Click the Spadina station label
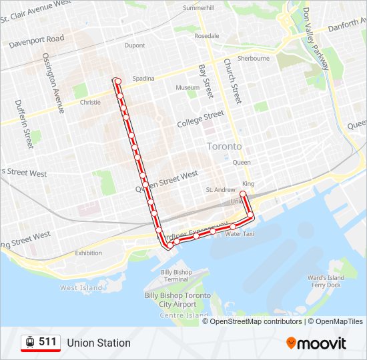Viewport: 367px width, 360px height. point(143,79)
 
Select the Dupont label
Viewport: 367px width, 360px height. point(134,46)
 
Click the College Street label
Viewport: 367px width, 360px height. point(200,120)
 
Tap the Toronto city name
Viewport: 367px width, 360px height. point(224,146)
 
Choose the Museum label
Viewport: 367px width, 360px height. point(188,88)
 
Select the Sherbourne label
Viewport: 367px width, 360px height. point(254,59)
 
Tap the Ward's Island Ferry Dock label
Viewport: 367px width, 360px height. point(325,281)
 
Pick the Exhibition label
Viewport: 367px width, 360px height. point(89,253)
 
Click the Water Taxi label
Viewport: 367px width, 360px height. point(239,234)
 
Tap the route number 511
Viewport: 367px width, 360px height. point(47,342)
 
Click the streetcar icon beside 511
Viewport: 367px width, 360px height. point(30,342)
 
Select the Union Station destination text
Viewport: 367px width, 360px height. point(99,343)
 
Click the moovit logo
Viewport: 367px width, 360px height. point(316,343)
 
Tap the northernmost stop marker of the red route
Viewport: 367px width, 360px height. point(117,81)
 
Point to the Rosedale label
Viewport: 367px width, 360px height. point(207,36)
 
